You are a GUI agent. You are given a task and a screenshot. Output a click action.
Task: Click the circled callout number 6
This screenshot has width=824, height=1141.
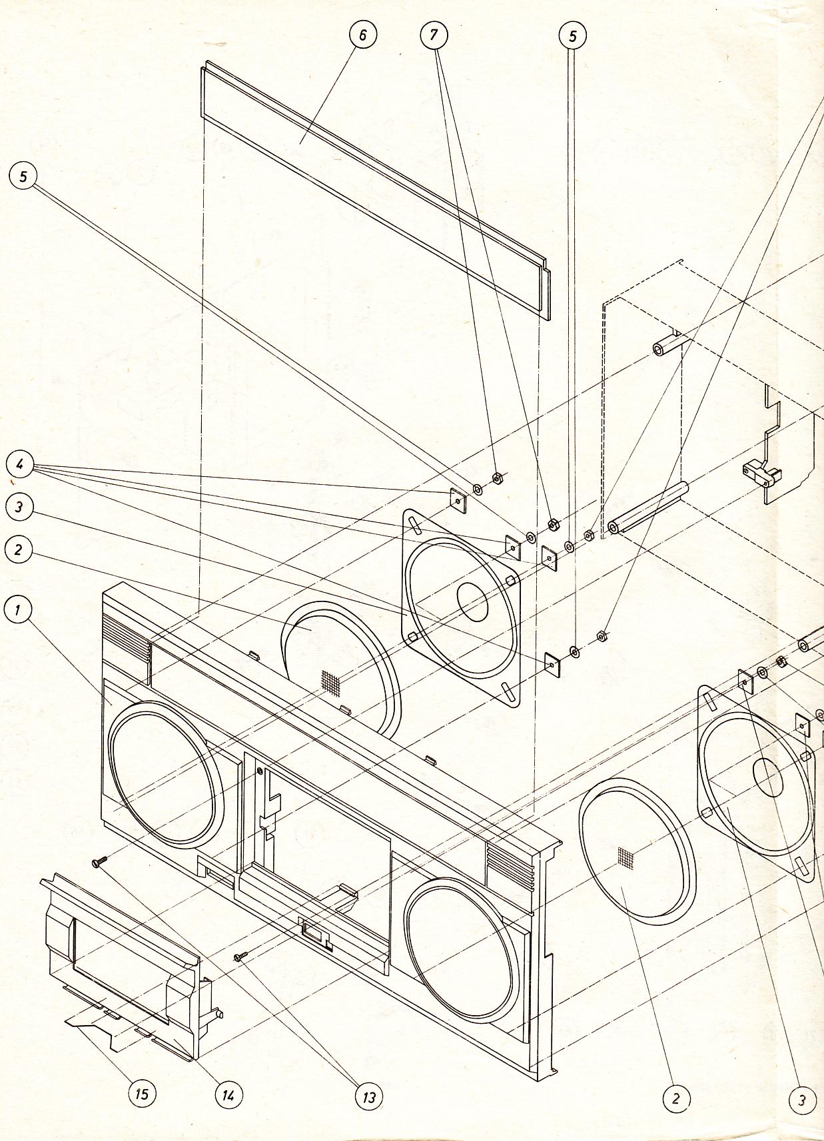point(362,35)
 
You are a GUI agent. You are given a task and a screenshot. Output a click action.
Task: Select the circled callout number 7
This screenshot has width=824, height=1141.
point(434,35)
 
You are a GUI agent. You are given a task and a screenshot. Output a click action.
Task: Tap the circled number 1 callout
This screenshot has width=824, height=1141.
point(19,609)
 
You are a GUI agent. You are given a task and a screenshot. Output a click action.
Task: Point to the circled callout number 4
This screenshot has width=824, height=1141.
point(20,465)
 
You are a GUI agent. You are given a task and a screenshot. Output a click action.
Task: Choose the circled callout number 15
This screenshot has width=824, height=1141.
point(141,1093)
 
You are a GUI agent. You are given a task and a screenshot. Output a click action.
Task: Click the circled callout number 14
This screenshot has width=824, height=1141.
point(228,1094)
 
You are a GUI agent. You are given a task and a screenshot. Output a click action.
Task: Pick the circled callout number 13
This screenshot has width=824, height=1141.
point(368,1096)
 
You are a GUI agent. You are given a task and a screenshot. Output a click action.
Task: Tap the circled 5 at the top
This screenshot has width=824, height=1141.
point(573,36)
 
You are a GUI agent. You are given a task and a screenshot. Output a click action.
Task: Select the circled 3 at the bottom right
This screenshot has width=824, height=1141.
point(801,1100)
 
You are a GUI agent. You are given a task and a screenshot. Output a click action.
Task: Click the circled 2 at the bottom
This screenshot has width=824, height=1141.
point(675,1098)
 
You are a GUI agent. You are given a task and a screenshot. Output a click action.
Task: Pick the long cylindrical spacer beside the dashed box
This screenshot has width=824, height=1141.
point(646,510)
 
